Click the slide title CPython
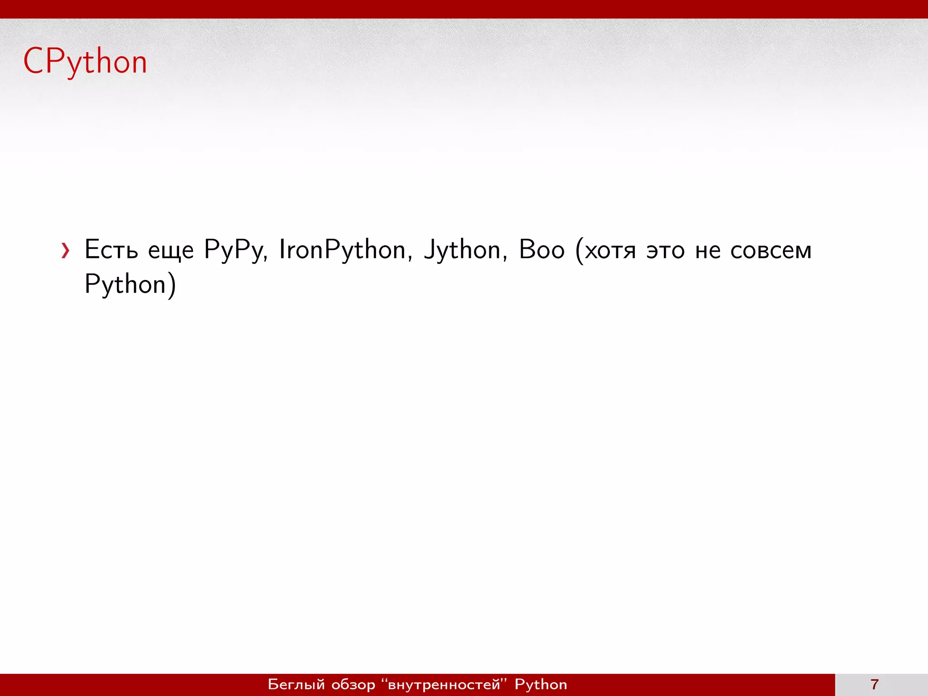(x=85, y=62)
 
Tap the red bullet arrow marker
(x=66, y=251)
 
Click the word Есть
(x=111, y=250)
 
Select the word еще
(x=171, y=251)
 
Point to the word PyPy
(x=234, y=251)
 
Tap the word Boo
(x=541, y=250)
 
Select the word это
(x=665, y=251)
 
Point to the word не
(x=707, y=251)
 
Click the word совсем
(x=771, y=251)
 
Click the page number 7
(x=875, y=684)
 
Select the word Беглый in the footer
(x=296, y=684)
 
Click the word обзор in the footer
(x=353, y=684)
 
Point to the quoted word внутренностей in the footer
(x=444, y=684)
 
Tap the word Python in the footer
(x=541, y=684)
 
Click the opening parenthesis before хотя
(x=579, y=251)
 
